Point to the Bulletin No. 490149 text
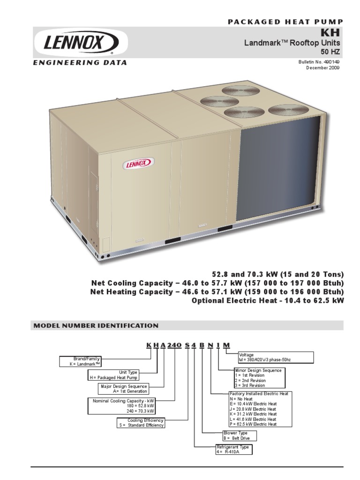318,62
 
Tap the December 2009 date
323,67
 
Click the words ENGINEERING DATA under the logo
79,63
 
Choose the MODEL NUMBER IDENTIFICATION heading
95,325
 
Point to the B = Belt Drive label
237,438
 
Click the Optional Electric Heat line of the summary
268,300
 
